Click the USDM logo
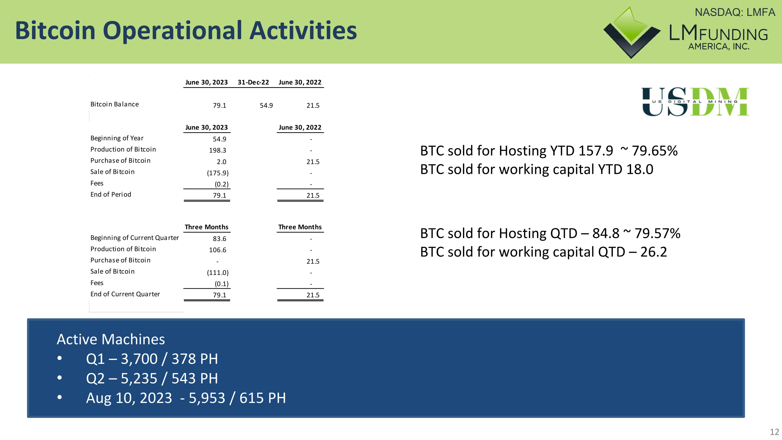(695, 102)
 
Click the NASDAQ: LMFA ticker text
(735, 13)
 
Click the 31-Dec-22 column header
(253, 82)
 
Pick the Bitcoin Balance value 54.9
(266, 105)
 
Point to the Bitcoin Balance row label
(114, 104)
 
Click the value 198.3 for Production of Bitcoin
(218, 150)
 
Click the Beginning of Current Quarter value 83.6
(219, 239)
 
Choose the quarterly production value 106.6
(218, 250)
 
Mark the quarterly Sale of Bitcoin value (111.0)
(218, 273)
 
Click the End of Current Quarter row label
(125, 294)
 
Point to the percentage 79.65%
(655, 151)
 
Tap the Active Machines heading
(111, 339)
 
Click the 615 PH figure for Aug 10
(262, 398)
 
